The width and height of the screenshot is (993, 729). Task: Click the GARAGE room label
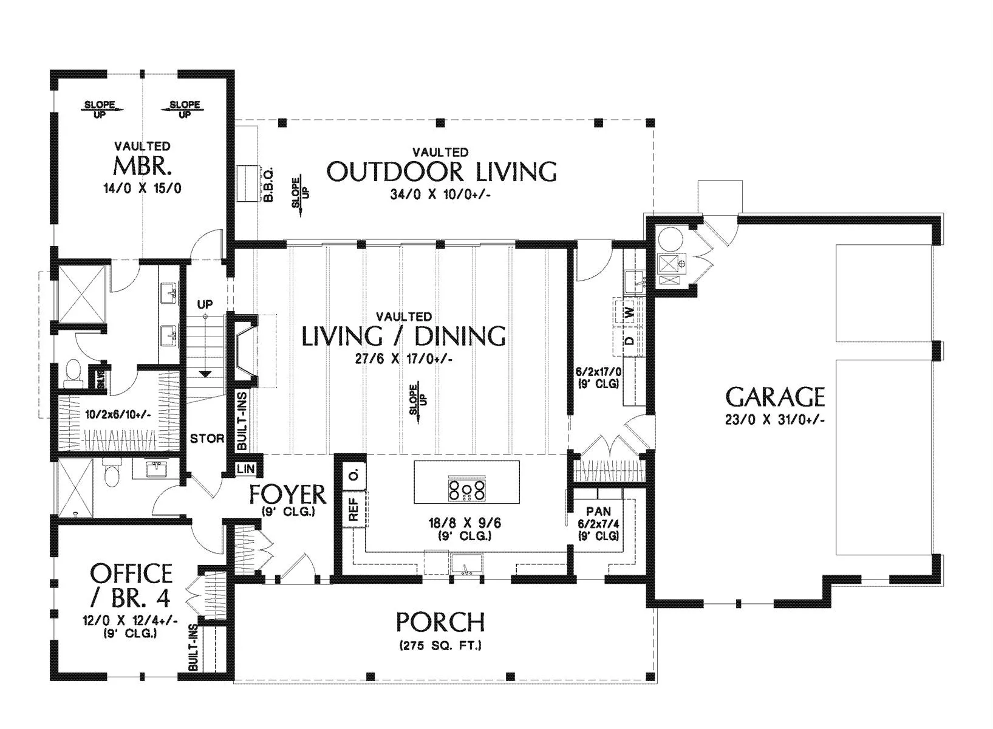775,397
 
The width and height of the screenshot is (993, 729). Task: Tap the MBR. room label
142,166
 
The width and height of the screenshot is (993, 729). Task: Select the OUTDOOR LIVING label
442,172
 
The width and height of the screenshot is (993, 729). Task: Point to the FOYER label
288,495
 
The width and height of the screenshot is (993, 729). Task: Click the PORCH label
440,622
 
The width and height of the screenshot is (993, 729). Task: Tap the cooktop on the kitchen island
467,490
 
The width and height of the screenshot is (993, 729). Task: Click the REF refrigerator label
353,508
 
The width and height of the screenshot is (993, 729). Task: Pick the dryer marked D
630,341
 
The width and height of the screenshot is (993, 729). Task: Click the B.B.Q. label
268,185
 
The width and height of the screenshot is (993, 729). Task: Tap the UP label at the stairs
205,304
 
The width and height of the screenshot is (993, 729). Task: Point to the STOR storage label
207,439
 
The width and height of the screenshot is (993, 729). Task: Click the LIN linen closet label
246,469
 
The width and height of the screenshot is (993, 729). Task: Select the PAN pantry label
599,511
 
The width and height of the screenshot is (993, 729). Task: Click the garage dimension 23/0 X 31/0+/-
775,420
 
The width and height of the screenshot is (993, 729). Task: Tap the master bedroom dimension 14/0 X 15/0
142,188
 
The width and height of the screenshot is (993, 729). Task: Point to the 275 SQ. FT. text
440,646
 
